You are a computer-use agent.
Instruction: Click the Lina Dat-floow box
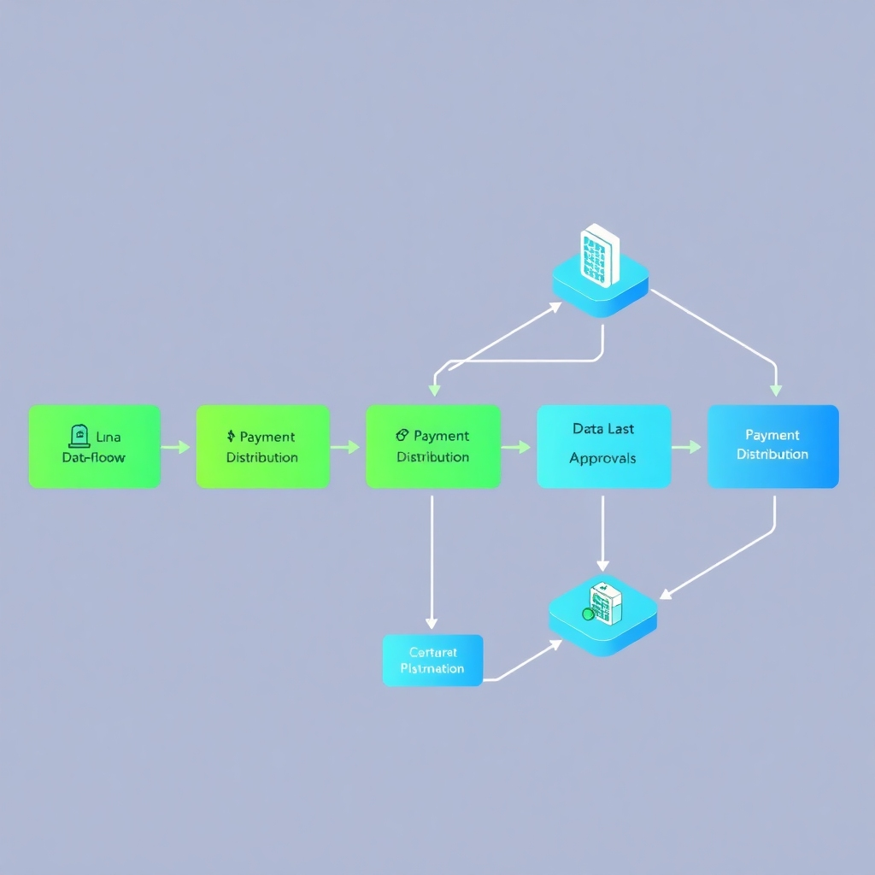click(94, 446)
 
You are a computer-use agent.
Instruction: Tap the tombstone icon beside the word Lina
click(79, 437)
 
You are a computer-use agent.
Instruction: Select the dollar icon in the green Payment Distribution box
click(231, 437)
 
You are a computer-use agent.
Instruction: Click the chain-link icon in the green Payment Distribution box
click(402, 436)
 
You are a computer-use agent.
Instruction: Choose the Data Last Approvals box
click(603, 446)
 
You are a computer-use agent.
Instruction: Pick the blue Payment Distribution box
click(772, 446)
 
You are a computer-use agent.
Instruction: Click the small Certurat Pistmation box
click(432, 661)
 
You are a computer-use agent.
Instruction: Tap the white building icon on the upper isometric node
click(600, 255)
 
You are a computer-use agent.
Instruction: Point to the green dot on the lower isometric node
click(587, 614)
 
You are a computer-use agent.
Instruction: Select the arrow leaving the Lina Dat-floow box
click(176, 447)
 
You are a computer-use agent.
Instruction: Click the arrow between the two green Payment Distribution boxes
click(346, 447)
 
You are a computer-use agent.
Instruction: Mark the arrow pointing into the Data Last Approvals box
click(516, 447)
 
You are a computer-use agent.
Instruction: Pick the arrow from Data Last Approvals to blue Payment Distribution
click(686, 447)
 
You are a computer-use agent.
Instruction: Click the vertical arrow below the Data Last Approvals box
click(602, 534)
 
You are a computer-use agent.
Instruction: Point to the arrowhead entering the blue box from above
click(775, 389)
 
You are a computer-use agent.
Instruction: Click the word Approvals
click(602, 458)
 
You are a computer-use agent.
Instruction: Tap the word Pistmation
click(432, 668)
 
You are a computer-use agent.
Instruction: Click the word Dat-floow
click(94, 457)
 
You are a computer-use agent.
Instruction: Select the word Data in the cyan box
click(588, 429)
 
